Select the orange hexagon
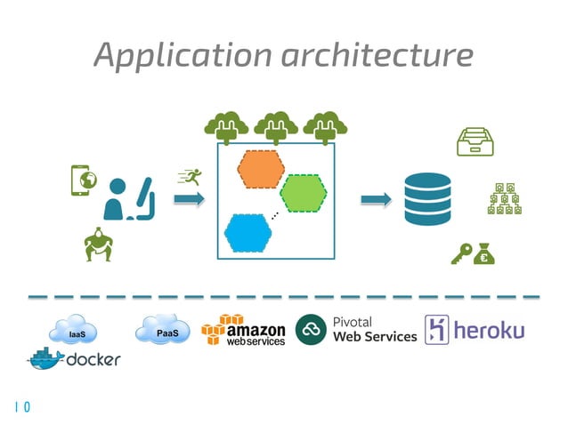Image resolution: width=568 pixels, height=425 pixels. tap(260, 170)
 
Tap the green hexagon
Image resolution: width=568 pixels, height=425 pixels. tap(303, 193)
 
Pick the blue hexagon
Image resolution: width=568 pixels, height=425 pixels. tap(248, 234)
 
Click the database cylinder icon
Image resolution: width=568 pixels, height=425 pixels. tap(427, 199)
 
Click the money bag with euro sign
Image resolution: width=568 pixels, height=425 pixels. tap(485, 255)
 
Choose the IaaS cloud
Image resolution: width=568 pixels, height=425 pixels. tap(77, 333)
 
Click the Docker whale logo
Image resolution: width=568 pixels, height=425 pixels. tap(46, 359)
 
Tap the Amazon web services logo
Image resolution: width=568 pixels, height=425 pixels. tap(243, 331)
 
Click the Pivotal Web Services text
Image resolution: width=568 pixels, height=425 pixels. tap(374, 330)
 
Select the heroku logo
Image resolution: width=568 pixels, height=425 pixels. tap(475, 330)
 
